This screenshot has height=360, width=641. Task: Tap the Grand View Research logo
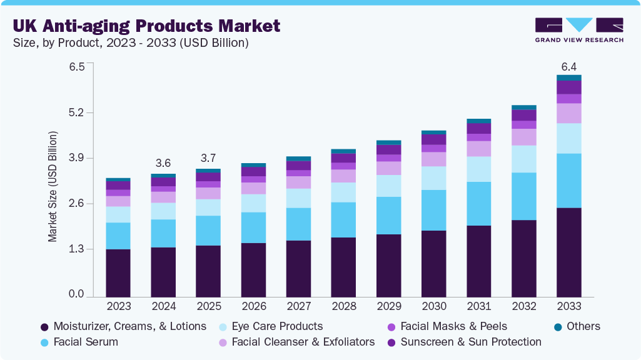[579, 29]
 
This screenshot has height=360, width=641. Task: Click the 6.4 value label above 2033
[568, 66]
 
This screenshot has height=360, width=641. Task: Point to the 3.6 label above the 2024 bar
[163, 163]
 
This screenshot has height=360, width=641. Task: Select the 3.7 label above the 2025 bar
[208, 157]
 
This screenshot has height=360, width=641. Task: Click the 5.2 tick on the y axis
[76, 113]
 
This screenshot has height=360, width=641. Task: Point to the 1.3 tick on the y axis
[76, 249]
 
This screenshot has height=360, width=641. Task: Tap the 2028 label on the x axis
[343, 307]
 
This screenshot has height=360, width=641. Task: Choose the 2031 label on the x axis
[478, 307]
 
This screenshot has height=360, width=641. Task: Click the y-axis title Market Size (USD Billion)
[53, 187]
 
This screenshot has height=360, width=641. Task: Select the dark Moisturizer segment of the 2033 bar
[568, 252]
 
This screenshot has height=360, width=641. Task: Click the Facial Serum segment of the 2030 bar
[433, 210]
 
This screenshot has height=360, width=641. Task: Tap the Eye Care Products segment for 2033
[568, 138]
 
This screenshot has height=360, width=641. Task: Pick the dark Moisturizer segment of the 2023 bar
[118, 272]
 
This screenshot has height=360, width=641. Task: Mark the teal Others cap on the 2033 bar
[568, 77]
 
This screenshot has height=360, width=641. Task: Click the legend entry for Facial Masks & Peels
[453, 326]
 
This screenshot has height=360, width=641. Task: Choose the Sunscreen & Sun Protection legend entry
[470, 342]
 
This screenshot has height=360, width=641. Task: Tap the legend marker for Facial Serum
[44, 342]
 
